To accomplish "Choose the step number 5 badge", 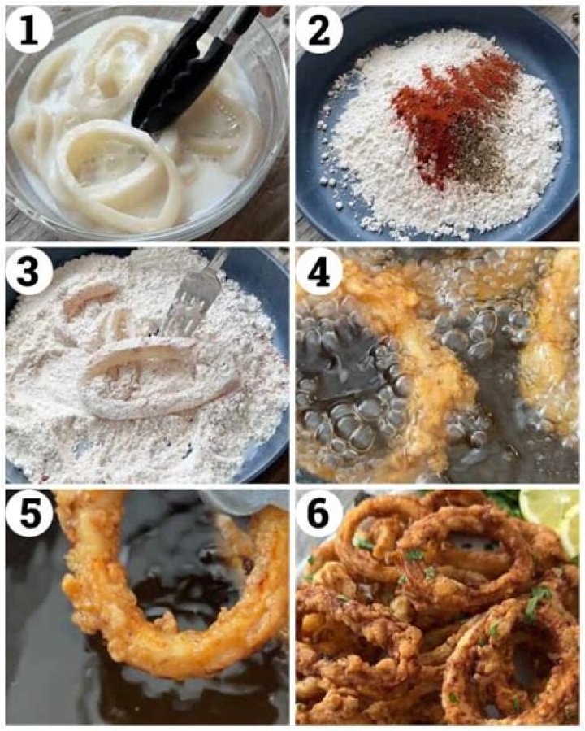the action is pos(28,516).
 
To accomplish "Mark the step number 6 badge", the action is pos(318,516).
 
